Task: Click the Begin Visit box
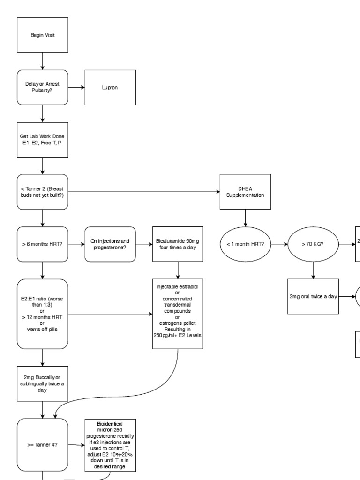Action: click(x=43, y=35)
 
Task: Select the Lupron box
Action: click(x=110, y=88)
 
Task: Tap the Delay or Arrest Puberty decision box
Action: click(x=43, y=88)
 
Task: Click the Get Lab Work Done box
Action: click(x=43, y=140)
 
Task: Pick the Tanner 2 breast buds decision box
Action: click(x=43, y=192)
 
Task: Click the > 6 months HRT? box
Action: click(x=43, y=244)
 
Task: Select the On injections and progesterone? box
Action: click(x=110, y=244)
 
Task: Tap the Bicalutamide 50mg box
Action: click(x=178, y=244)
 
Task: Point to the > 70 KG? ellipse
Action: click(x=313, y=244)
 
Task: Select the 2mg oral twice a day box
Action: click(x=313, y=296)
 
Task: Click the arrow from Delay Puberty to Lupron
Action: click(x=76, y=88)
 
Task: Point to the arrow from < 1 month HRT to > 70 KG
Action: click(x=279, y=244)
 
